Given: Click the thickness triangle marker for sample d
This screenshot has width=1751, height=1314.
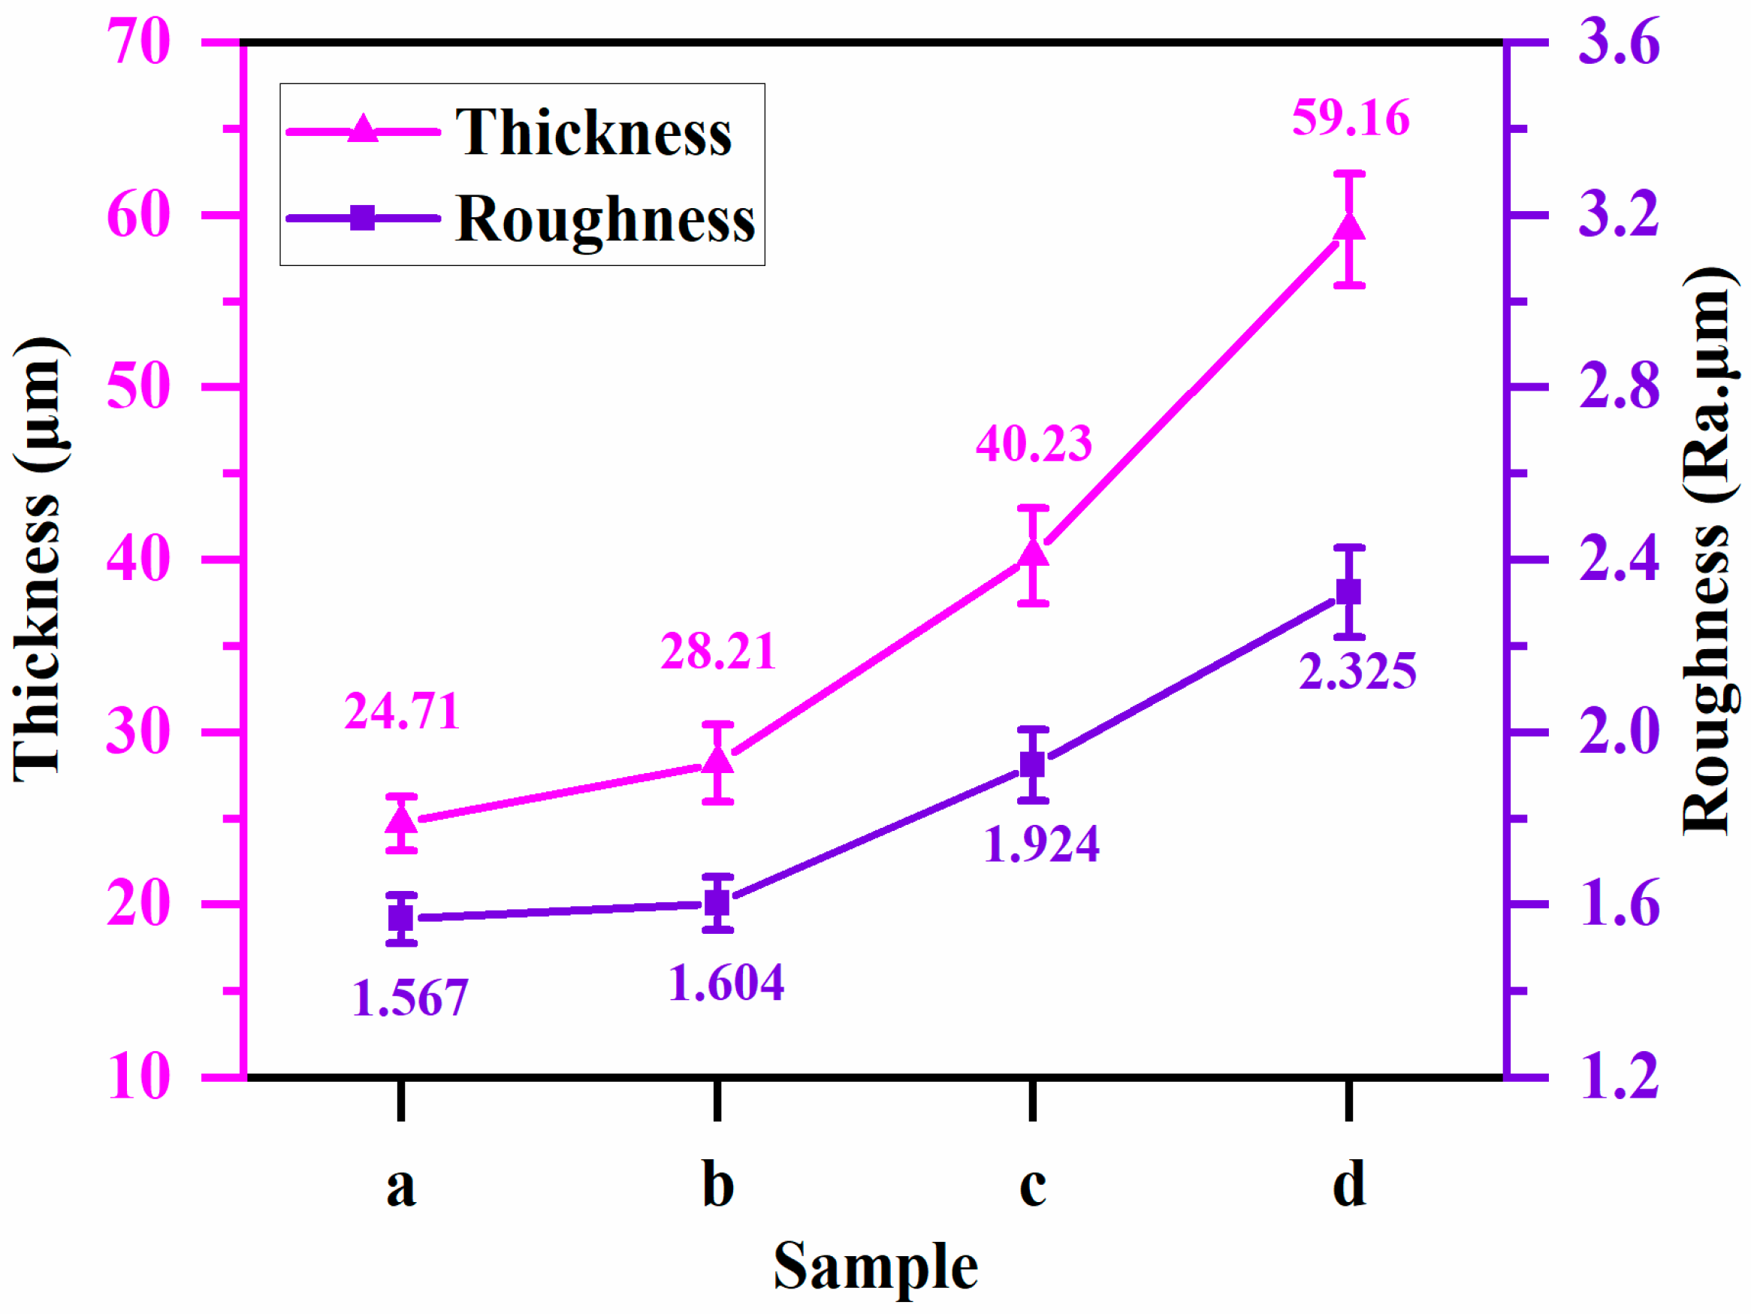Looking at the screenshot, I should (x=1349, y=228).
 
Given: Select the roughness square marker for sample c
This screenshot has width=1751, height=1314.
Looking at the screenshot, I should (x=1032, y=765).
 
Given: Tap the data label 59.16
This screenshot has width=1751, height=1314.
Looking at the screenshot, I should (x=1351, y=119).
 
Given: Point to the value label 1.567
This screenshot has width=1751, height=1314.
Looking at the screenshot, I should (x=410, y=998).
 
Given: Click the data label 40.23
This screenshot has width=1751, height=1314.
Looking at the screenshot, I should (x=1033, y=443).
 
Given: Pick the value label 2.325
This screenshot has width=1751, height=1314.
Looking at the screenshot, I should (x=1357, y=671).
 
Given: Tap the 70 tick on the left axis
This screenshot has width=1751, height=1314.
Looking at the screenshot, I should (x=137, y=42).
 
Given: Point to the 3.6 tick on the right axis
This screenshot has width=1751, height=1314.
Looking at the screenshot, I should (x=1618, y=42).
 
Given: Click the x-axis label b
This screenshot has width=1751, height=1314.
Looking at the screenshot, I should (x=717, y=1185).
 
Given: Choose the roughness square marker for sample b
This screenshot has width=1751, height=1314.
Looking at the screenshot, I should (x=717, y=902).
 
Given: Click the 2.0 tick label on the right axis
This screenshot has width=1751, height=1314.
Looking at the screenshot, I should (x=1618, y=733).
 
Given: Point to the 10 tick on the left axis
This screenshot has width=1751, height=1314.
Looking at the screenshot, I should (x=137, y=1077).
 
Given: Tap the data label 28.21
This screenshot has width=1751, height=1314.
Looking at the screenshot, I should (x=718, y=651).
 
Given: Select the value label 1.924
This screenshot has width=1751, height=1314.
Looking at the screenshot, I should (x=1041, y=844).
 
